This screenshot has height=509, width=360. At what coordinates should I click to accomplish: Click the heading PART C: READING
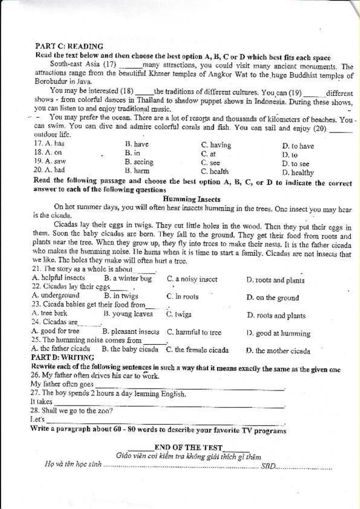click(69, 46)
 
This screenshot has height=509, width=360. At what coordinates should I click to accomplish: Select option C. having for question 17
click(216, 145)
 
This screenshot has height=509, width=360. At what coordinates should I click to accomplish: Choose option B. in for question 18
click(132, 153)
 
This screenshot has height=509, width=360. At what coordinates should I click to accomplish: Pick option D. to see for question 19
click(295, 164)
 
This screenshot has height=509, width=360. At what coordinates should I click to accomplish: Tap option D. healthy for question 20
click(298, 173)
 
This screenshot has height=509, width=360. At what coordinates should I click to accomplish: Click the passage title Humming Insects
click(192, 199)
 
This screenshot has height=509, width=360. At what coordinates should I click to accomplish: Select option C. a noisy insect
click(192, 279)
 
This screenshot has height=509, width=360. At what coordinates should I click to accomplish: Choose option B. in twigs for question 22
click(121, 296)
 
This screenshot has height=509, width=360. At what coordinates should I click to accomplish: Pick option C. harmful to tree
click(194, 332)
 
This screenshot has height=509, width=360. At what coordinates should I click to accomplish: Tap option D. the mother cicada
click(278, 351)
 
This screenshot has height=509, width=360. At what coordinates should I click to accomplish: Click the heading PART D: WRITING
click(63, 358)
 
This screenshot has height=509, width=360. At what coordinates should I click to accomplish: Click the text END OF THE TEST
click(188, 447)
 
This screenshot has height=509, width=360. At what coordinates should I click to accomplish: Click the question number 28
click(34, 410)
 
